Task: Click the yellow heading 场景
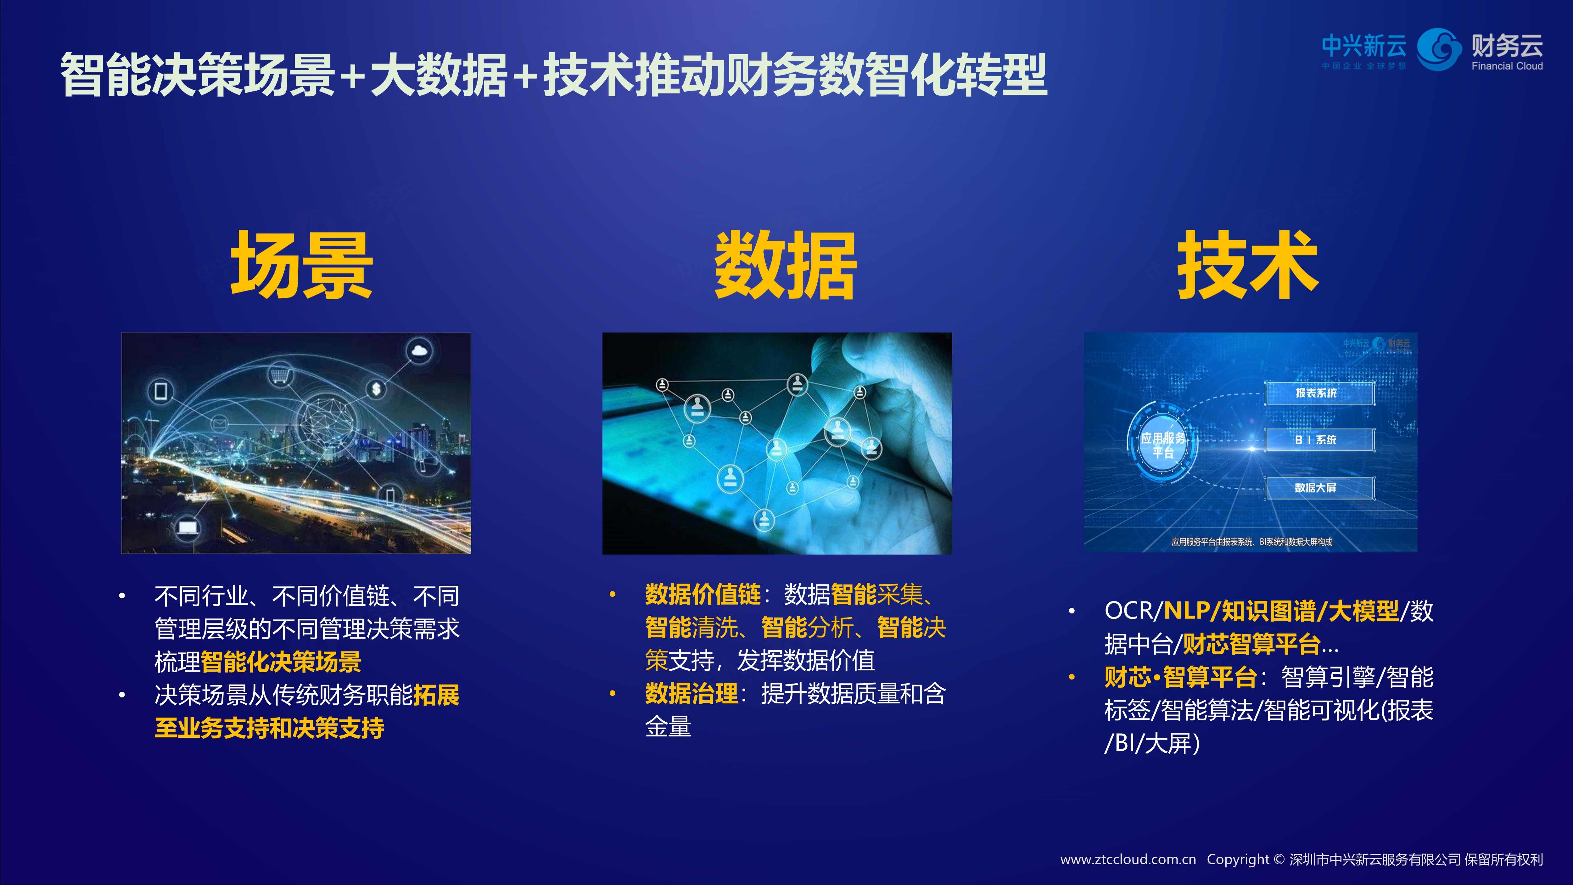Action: (x=301, y=266)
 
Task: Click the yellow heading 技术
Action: (x=1247, y=266)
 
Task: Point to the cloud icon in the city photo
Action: (x=419, y=351)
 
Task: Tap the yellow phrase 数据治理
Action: (x=691, y=693)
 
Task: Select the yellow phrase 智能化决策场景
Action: (x=281, y=662)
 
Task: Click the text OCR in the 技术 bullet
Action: (x=1128, y=611)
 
